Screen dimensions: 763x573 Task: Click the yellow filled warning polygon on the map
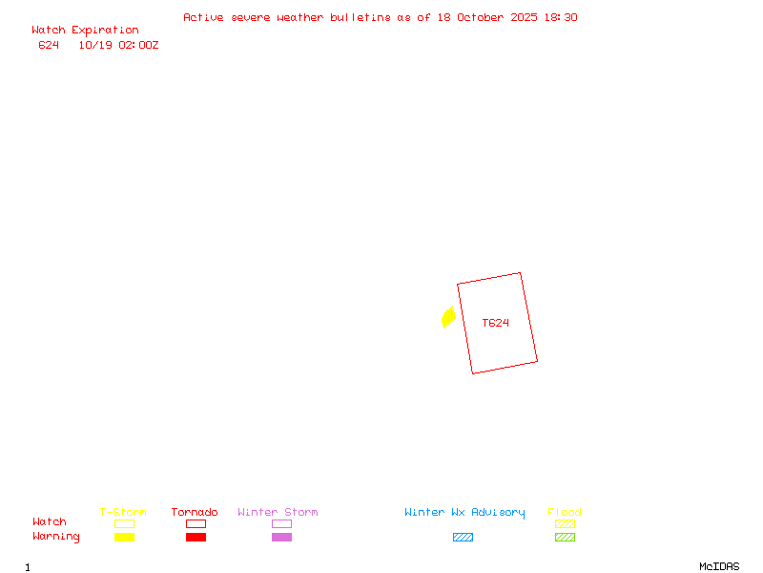coord(448,317)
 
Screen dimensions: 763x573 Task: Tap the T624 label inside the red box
coord(495,323)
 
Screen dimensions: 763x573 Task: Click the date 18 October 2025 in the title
coord(485,17)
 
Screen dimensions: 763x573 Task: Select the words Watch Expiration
coord(85,31)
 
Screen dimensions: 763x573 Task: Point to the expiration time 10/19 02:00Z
coord(118,45)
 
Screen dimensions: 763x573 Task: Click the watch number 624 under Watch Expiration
coord(49,45)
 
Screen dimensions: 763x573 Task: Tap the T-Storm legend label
coord(123,513)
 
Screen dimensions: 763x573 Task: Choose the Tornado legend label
coord(195,513)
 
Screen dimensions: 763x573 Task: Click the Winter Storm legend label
coord(278,513)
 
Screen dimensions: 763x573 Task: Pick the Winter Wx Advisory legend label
coord(464,513)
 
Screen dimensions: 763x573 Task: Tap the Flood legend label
coord(565,513)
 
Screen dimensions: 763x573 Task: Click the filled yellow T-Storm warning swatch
coord(124,537)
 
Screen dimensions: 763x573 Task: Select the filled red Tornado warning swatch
coord(196,537)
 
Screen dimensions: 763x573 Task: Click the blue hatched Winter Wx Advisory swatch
coord(463,537)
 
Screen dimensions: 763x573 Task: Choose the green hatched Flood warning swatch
coord(565,537)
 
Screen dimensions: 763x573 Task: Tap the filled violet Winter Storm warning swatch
coord(281,537)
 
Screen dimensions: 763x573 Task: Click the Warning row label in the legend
coord(56,537)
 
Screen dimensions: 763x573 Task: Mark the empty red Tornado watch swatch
coord(196,523)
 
